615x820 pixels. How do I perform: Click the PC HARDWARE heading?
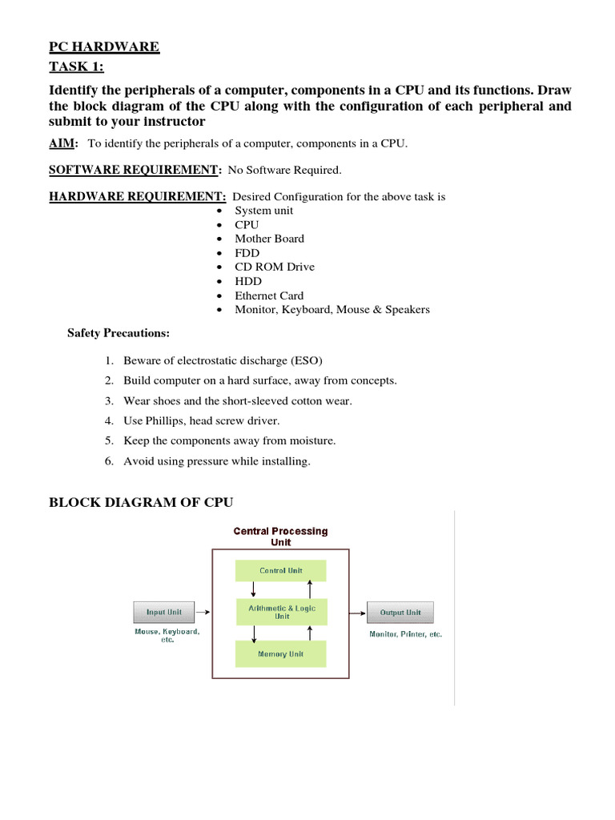(x=104, y=47)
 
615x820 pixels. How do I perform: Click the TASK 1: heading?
(x=76, y=67)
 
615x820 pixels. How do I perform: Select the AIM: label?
(x=63, y=143)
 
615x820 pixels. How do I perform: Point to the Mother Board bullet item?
(x=269, y=239)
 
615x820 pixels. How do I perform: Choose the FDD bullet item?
(x=247, y=253)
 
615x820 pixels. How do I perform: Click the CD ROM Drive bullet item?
(x=274, y=267)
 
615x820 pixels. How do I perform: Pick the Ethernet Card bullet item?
(x=269, y=295)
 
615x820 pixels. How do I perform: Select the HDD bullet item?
(x=247, y=281)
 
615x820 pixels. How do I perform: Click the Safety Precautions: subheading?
(x=119, y=333)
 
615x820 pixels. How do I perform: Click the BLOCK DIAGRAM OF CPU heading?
(x=141, y=503)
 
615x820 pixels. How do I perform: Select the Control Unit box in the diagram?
(x=280, y=571)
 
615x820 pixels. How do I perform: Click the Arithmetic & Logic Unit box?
(x=280, y=613)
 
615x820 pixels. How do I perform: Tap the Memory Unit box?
(x=280, y=654)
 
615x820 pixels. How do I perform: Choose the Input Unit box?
(x=163, y=613)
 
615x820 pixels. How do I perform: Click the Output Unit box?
(x=400, y=613)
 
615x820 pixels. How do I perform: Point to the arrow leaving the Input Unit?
(x=203, y=613)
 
